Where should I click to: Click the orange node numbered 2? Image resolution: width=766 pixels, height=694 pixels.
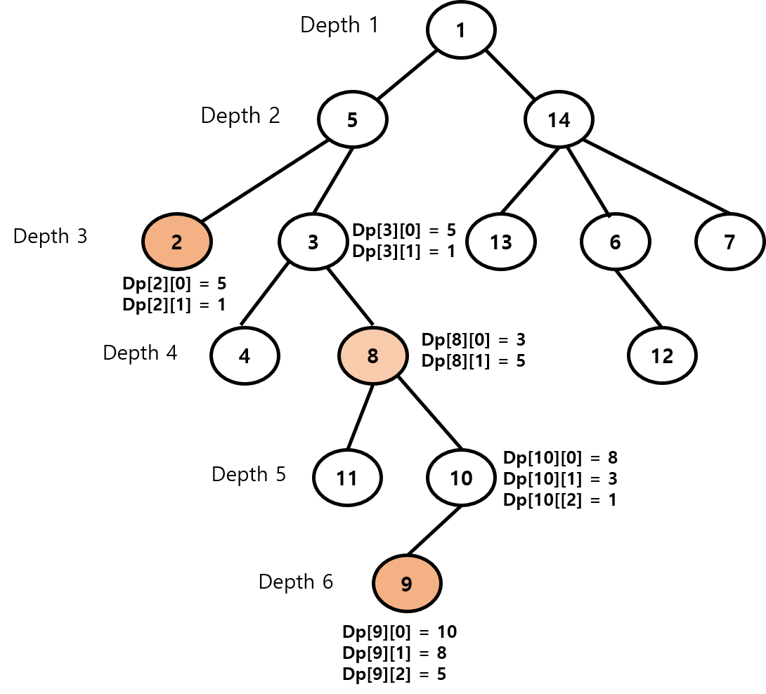177,242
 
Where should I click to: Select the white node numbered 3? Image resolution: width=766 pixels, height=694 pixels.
313,242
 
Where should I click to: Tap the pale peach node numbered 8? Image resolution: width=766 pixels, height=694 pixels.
373,356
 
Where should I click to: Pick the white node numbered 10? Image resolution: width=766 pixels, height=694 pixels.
461,478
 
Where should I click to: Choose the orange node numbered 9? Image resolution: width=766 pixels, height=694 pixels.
407,583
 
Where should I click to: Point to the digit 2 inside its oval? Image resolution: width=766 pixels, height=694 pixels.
177,242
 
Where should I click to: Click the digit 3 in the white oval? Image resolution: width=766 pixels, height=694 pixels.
313,242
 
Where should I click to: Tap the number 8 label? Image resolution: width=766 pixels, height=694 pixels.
373,357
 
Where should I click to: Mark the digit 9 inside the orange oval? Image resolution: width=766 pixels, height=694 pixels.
406,584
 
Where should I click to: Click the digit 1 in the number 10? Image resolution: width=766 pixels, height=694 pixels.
455,479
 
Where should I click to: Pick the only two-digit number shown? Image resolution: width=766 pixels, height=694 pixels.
461,479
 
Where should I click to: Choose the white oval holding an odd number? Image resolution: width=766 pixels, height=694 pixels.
313,242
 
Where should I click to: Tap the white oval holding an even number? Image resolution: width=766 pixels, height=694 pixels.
461,478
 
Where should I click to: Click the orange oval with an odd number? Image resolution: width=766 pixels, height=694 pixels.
407,583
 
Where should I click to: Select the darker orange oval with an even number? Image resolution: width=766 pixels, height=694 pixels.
177,242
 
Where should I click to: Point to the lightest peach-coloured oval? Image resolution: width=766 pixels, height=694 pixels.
373,356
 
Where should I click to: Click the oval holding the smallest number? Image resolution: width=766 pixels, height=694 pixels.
177,242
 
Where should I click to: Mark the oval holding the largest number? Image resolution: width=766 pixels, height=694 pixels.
461,478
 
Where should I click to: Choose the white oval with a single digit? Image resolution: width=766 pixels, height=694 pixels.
313,242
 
